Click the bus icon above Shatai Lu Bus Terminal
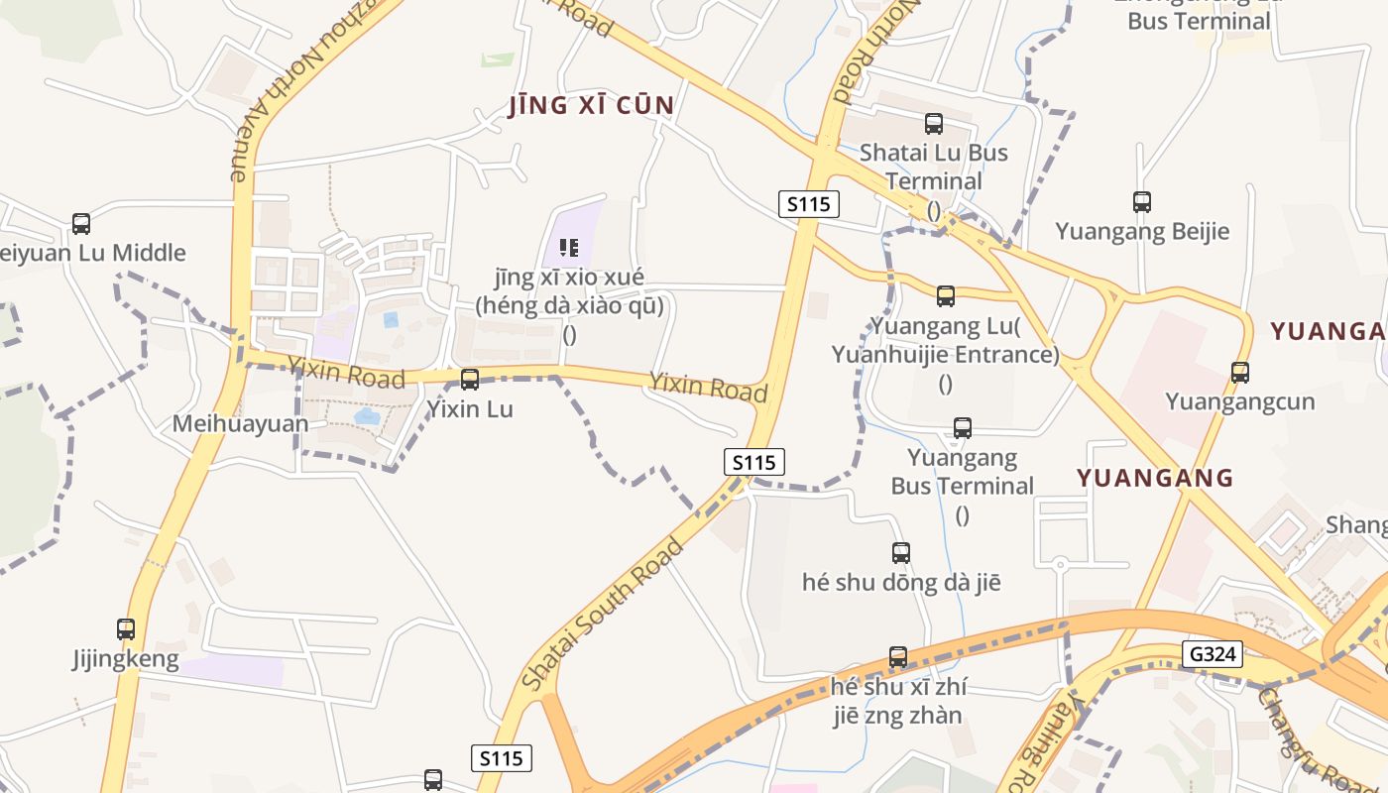pyautogui.click(x=933, y=124)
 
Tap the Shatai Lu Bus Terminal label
pyautogui.click(x=933, y=167)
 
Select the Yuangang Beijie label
pyautogui.click(x=1142, y=232)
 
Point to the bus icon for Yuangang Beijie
pyautogui.click(x=1142, y=202)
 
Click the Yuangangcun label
pyautogui.click(x=1239, y=401)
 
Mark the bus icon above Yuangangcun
pyautogui.click(x=1239, y=373)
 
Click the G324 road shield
pyautogui.click(x=1213, y=653)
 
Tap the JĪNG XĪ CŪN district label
pyautogui.click(x=592, y=106)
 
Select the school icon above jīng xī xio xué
pyautogui.click(x=569, y=247)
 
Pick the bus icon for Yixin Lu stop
pyautogui.click(x=470, y=379)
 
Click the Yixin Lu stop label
pyautogui.click(x=470, y=408)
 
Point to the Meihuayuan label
pyautogui.click(x=241, y=424)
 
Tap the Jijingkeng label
pyautogui.click(x=126, y=659)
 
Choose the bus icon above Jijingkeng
pyautogui.click(x=126, y=629)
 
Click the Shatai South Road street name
pyautogui.click(x=603, y=615)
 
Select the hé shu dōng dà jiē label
pyautogui.click(x=901, y=583)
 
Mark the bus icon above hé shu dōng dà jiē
pyautogui.click(x=901, y=553)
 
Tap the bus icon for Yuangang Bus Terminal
pyautogui.click(x=962, y=428)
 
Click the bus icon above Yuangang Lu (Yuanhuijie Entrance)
pyautogui.click(x=946, y=295)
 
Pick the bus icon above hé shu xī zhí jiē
pyautogui.click(x=898, y=656)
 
